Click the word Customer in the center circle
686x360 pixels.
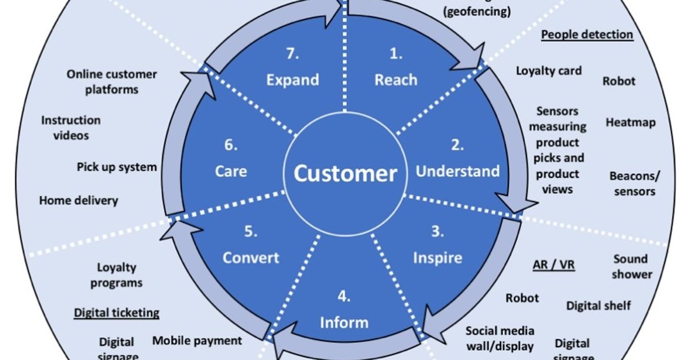345,173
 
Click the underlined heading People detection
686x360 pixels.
587,35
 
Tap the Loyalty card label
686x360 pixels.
549,71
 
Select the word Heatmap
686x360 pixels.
631,122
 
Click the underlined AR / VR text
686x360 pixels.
553,265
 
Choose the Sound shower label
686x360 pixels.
631,266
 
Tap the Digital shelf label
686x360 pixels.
599,306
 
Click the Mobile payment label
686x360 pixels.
197,341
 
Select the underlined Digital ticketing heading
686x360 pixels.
117,313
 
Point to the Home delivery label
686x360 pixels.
78,201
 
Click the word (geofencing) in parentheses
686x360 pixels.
477,11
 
